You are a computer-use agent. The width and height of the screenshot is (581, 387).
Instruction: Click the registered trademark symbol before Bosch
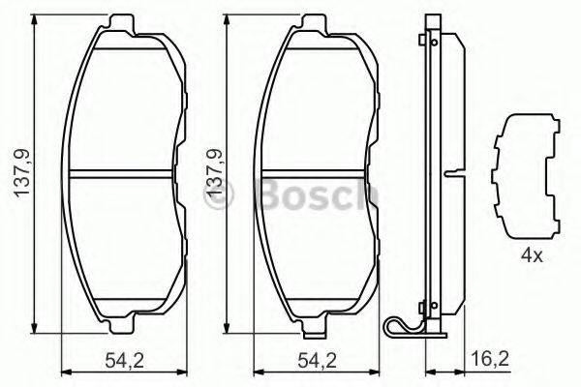tap(220, 197)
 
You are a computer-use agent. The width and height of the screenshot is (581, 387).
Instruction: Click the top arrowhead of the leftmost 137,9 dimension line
tap(36, 17)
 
